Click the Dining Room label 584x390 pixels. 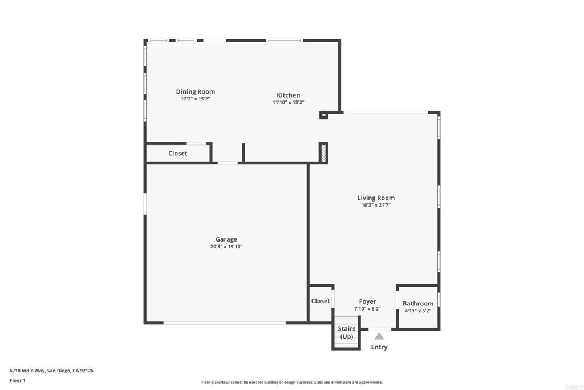(196, 92)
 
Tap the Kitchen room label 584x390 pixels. (288, 95)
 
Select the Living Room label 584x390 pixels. (376, 198)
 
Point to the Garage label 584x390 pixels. (226, 239)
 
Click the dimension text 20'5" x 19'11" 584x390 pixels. (226, 247)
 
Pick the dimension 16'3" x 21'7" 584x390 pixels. (376, 205)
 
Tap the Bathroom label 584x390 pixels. (418, 304)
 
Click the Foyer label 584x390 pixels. (368, 301)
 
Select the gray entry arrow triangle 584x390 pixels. (379, 336)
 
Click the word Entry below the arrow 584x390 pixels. (379, 347)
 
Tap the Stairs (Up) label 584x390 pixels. (346, 332)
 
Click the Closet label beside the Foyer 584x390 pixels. (321, 301)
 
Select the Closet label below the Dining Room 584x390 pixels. (178, 153)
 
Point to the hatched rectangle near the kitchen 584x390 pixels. (323, 152)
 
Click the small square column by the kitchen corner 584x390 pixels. (324, 115)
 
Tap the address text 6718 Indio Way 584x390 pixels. (27, 371)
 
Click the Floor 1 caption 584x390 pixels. (18, 380)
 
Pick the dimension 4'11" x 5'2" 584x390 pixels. (418, 311)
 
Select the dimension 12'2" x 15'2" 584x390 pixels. (196, 99)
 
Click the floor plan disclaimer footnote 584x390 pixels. (292, 382)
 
